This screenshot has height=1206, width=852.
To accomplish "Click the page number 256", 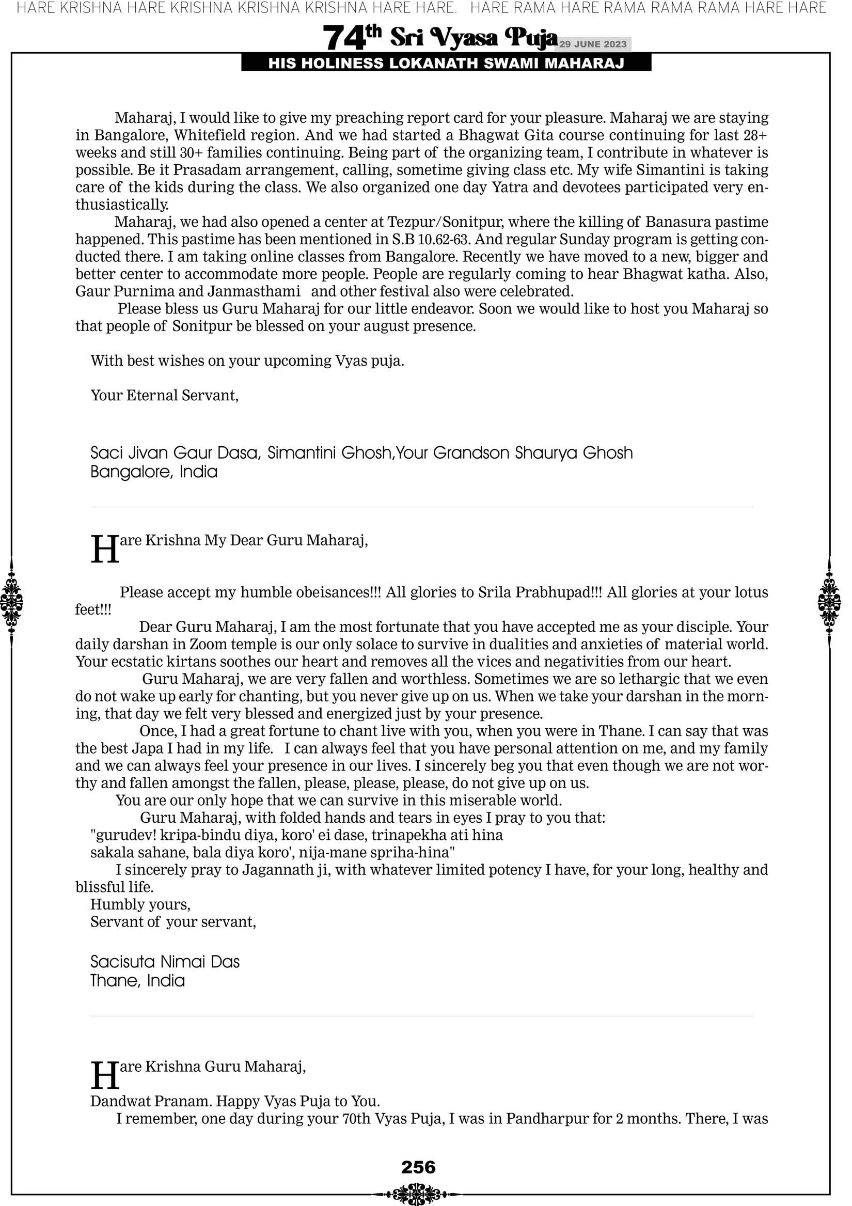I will (x=418, y=1167).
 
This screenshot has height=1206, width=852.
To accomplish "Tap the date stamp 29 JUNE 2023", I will (x=592, y=44).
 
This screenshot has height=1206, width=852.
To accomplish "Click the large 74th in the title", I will (x=351, y=38).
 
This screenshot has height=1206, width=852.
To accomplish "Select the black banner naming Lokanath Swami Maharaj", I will (x=446, y=64).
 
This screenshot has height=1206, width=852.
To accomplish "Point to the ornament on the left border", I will (x=11, y=602).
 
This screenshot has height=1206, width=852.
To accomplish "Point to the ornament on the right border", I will (x=829, y=602).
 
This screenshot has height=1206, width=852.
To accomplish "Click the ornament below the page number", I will (x=417, y=1190).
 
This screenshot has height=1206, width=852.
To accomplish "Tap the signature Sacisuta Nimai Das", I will (x=165, y=962).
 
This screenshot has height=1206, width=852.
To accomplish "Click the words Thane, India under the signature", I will (x=138, y=981).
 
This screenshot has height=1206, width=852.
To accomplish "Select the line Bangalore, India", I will (x=154, y=472).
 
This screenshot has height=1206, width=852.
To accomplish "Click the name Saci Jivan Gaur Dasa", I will (x=176, y=453).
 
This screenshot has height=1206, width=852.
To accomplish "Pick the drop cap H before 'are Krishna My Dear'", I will (x=104, y=550).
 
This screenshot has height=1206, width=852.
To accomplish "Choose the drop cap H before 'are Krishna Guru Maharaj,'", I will (x=104, y=1075).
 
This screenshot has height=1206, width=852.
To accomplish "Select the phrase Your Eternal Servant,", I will (x=164, y=396).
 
